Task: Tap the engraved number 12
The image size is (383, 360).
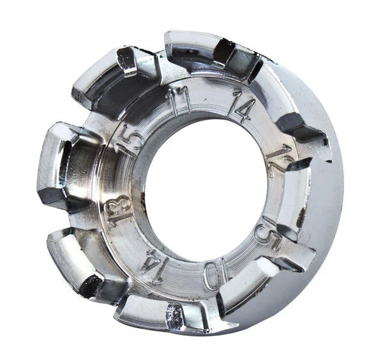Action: click(280, 160)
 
